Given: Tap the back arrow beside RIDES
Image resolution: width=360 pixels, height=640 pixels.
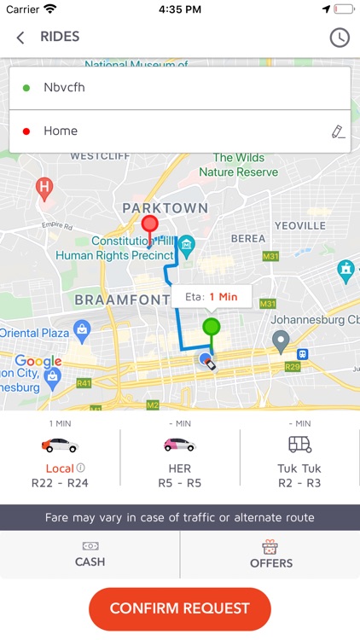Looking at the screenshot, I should coord(20,38).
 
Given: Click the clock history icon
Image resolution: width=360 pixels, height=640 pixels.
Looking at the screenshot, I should coord(339,38).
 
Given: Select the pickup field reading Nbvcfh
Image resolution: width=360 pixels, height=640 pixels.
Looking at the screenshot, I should coord(179,87).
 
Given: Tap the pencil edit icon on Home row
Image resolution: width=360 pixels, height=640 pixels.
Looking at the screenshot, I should coord(338,131).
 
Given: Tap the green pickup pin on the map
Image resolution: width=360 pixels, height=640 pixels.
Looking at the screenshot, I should coord(211,327).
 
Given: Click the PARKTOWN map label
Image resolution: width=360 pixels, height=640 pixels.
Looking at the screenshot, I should coord(165,207).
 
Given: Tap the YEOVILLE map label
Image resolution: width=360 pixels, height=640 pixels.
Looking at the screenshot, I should coord(299,225).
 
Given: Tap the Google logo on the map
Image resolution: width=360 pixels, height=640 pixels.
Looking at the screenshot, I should coord(38,362).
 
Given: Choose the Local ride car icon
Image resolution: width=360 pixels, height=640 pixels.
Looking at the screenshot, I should coord(60,445).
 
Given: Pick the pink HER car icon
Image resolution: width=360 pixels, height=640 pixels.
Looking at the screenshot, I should coord(179,445).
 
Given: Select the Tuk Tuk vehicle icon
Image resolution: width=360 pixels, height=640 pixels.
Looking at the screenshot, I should coord(299,445).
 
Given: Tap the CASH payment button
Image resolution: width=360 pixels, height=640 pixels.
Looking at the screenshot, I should coord(90,555).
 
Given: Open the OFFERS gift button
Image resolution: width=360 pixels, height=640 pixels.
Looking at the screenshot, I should coord(270,555).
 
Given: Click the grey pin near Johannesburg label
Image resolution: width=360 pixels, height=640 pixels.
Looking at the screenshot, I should coord(281,341).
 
